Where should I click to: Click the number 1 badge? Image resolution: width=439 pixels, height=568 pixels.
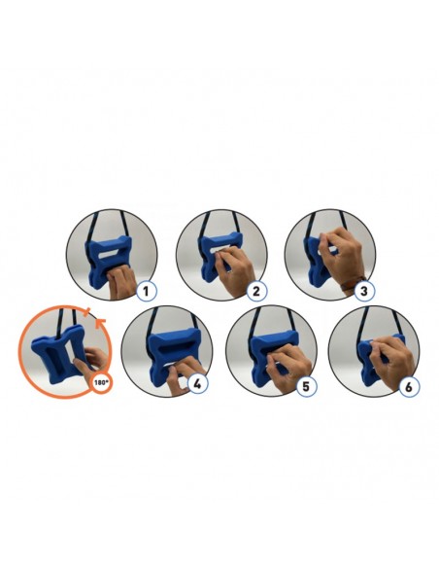(x=146, y=291)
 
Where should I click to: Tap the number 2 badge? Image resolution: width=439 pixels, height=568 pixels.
(x=256, y=291)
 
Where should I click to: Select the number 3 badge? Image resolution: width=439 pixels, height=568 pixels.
(x=364, y=291)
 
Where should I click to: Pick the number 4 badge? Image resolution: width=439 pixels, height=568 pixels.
(x=197, y=384)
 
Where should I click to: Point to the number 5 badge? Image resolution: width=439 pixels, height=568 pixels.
(x=306, y=386)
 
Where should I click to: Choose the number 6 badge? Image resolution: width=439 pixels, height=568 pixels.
(x=409, y=387)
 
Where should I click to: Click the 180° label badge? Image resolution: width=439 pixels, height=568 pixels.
(x=102, y=382)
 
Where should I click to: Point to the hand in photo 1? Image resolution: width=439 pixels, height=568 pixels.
(x=121, y=283)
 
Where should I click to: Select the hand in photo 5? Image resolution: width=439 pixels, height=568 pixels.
(x=289, y=363)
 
